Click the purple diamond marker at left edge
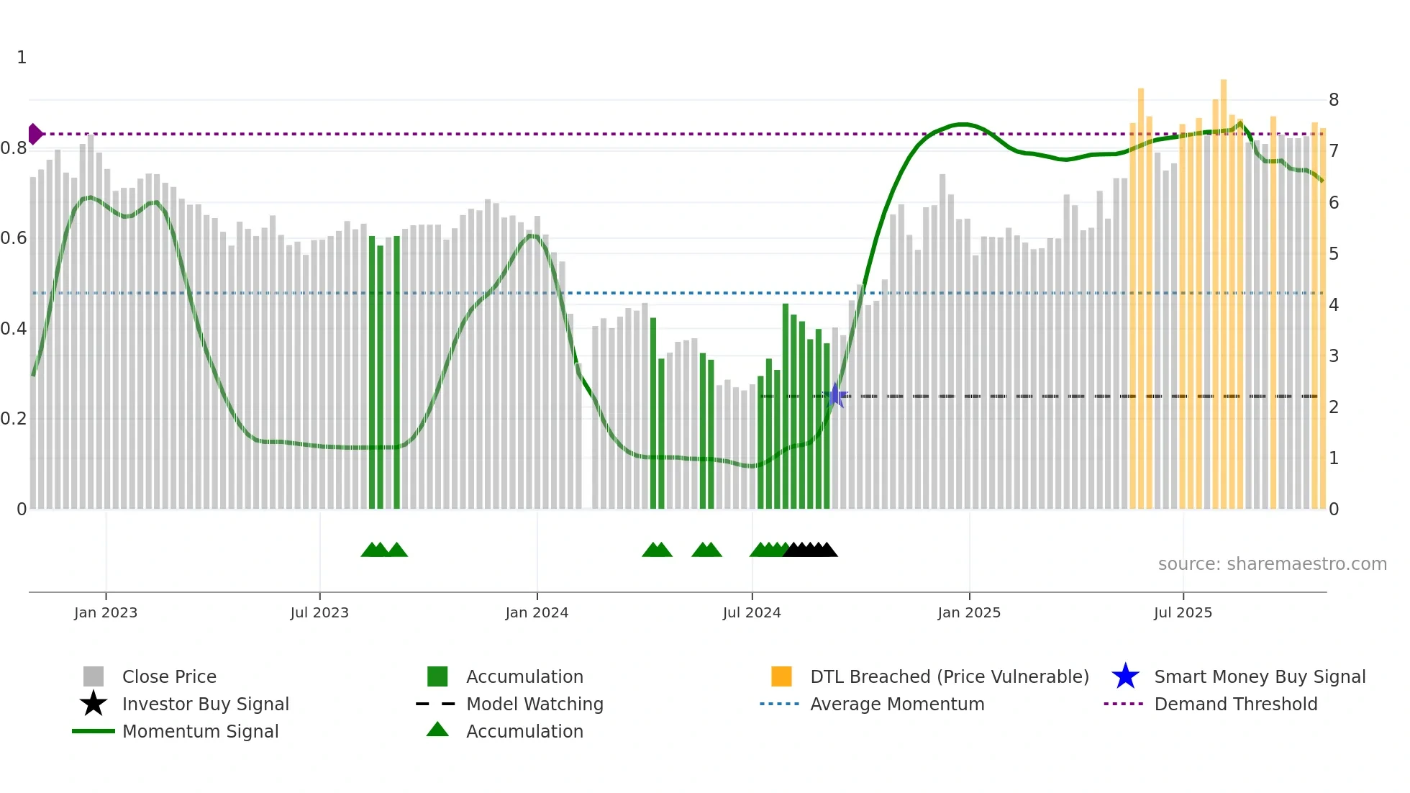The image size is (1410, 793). point(35,134)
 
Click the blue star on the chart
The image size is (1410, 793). point(835,395)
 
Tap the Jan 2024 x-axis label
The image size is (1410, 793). point(537,612)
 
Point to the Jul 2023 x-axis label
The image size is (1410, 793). point(319,612)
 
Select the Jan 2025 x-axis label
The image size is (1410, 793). point(969,612)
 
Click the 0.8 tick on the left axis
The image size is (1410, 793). point(14,148)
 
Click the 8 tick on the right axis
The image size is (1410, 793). point(1334,100)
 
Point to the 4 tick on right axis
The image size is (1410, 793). point(1334,304)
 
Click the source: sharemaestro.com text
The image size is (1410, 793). point(1272,563)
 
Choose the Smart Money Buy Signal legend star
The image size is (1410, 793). point(1125,676)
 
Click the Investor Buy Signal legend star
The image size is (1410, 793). point(94,704)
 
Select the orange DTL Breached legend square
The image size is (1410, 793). point(781,676)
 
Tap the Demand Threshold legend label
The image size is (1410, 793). point(1235,704)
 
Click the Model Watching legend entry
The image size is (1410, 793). point(535,704)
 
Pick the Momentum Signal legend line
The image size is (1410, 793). point(94,731)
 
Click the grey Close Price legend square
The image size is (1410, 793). point(94,676)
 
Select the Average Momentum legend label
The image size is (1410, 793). point(897,704)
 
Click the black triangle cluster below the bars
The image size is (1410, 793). point(811,550)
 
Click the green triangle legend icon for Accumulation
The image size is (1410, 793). point(437,730)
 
